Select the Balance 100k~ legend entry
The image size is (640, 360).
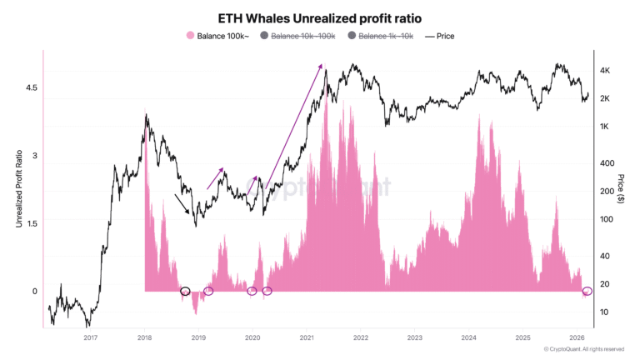[x=218, y=36]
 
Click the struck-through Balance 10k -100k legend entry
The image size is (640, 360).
[x=297, y=36]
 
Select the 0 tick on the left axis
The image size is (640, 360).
[x=34, y=291]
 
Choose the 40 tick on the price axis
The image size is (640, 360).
[x=607, y=256]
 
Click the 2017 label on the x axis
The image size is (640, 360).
[x=91, y=338]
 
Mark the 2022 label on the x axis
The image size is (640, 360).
[x=361, y=338]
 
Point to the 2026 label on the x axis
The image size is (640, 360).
[x=576, y=338]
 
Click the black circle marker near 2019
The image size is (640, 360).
[x=185, y=291]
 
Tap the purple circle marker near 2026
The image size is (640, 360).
[x=587, y=291]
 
